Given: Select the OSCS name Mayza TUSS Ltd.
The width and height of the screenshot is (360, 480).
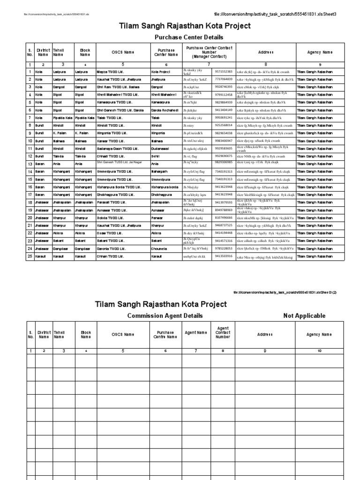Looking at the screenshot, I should pyautogui.click(x=110, y=72).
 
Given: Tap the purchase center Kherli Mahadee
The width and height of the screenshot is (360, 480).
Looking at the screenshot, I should pyautogui.click(x=164, y=95).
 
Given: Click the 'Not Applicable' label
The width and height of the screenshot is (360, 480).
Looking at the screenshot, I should pyautogui.click(x=304, y=315).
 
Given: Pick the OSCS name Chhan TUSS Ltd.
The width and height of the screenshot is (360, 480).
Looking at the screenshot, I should pyautogui.click(x=110, y=256).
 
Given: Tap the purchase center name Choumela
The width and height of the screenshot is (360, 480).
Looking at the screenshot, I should pyautogui.click(x=160, y=249).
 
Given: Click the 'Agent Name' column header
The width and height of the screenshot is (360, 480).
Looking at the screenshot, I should pyautogui.click(x=195, y=332).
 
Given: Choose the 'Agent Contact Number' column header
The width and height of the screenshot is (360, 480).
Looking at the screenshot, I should pyautogui.click(x=223, y=332).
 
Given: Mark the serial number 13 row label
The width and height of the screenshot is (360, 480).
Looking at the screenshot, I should pyautogui.click(x=30, y=164).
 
